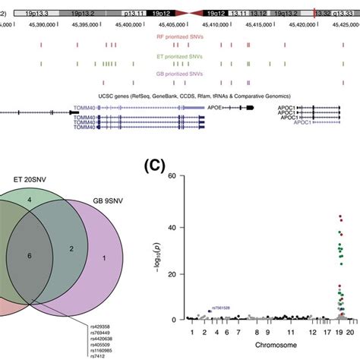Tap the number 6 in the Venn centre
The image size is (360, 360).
(28, 256)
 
